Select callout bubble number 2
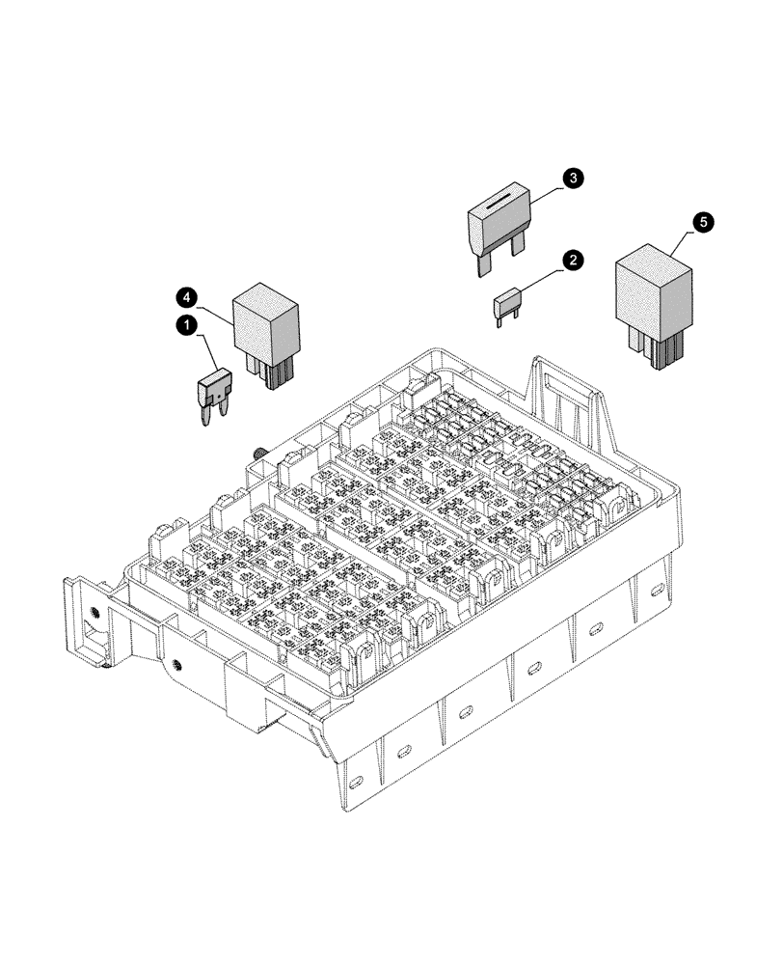coord(573,260)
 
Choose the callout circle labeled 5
coord(705,222)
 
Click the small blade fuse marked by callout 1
coord(214,391)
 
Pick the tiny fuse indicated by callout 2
coord(507,305)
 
